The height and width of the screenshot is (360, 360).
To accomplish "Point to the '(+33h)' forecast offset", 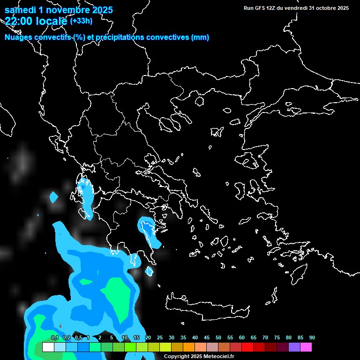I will pos(81,21).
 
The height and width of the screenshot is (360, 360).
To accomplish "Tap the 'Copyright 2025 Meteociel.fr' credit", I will pos(199,356).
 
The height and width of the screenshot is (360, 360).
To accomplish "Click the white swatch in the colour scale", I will pos(48,347).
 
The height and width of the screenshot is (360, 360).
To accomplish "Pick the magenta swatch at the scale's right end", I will pos(306,347).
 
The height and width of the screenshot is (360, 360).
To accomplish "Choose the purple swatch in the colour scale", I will pos(294,347).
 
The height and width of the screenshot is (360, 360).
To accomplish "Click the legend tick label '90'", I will pos(312,338).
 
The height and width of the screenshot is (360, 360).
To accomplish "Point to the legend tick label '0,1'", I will pos(55,338).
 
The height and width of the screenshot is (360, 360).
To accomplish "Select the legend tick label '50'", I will pos(218,338).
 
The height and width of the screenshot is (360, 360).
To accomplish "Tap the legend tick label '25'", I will pos(160,338).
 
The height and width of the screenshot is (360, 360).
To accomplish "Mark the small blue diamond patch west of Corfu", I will pos(54,197).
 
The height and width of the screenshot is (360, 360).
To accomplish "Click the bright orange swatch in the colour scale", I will pos(188,347).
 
